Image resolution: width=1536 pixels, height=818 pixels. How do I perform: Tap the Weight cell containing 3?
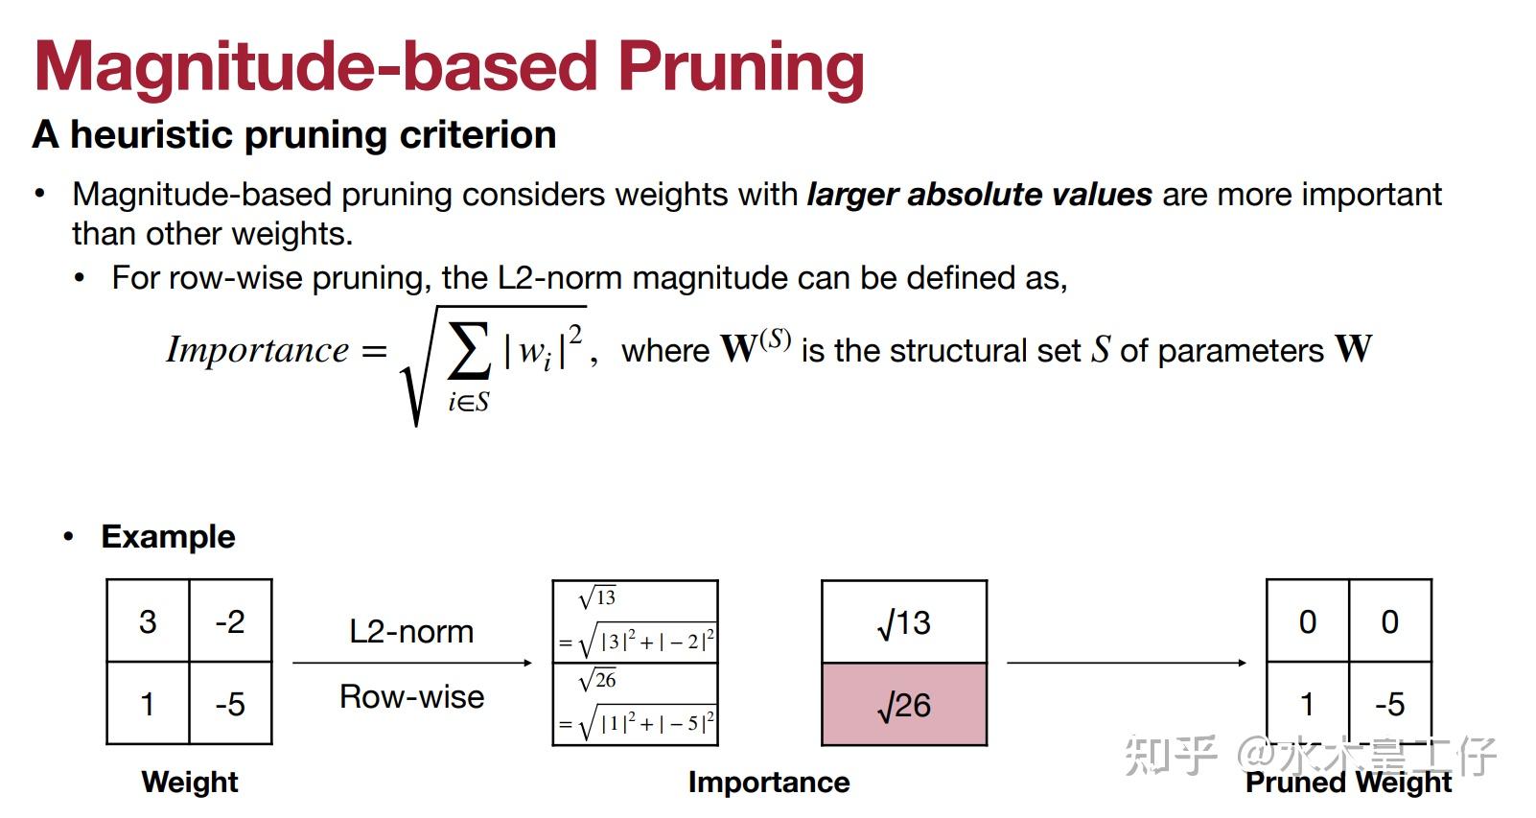point(148,621)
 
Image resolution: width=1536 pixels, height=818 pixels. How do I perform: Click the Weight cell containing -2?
point(230,621)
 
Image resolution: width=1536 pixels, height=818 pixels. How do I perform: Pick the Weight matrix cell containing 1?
point(148,704)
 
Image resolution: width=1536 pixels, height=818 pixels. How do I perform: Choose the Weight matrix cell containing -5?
point(230,704)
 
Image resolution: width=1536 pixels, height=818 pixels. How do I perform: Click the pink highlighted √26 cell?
point(904,704)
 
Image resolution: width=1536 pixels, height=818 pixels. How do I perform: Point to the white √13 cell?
point(904,622)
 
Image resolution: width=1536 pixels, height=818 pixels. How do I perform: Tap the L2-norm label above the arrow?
point(411,631)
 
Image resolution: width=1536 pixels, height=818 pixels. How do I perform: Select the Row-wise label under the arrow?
point(412,696)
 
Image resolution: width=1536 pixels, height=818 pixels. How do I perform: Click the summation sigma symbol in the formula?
point(469,350)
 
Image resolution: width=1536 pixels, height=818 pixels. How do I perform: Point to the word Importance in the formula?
point(258,350)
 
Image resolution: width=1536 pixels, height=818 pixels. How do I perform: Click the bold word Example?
point(168,536)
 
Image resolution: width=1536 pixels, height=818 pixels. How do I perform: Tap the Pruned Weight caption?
point(1349,783)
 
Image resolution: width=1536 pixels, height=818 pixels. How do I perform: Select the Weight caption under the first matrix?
point(190,782)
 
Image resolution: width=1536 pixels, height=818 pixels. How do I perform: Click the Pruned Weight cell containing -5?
point(1390,704)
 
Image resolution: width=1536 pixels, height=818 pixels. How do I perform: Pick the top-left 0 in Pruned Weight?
point(1308,621)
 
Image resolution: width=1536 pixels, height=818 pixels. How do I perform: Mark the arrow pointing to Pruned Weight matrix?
point(1127,663)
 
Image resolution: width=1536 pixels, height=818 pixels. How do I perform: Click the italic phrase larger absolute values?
point(980,195)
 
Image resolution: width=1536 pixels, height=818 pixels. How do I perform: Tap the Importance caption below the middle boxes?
point(769,783)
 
